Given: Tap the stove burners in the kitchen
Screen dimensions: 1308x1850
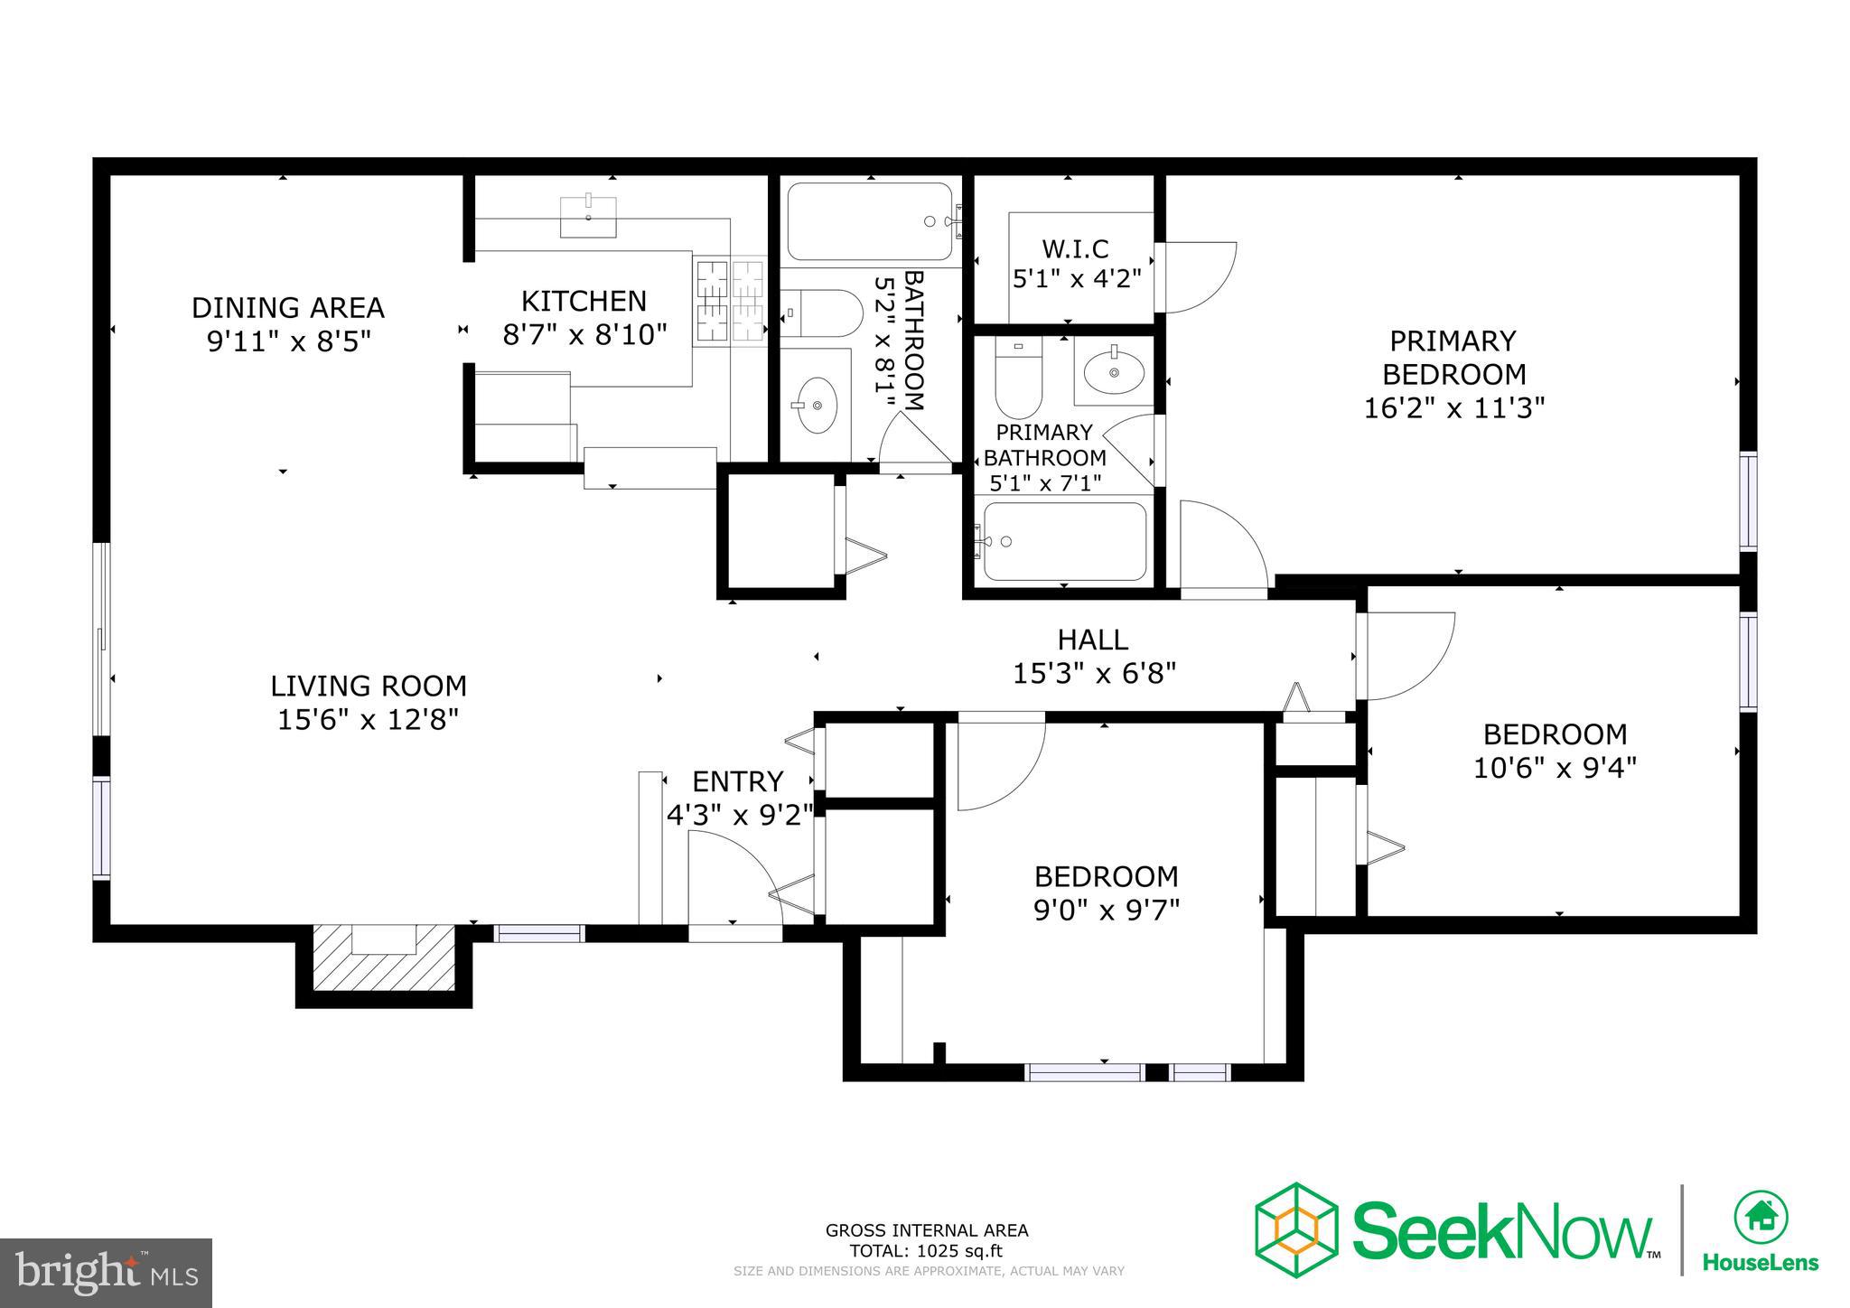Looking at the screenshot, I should [729, 300].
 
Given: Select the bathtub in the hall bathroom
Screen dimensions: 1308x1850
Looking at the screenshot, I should [869, 221].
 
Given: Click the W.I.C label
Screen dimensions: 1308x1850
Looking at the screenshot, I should [1075, 248].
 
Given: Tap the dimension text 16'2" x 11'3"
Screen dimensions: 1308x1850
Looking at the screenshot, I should [1453, 408].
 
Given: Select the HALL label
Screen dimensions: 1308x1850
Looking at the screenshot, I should [1093, 640].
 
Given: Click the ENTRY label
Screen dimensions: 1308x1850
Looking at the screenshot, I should [737, 780].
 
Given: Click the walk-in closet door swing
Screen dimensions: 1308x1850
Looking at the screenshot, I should [1198, 276].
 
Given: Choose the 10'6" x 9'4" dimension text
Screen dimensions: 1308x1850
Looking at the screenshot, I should [1555, 768].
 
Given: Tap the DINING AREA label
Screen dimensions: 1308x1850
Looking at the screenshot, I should [287, 308].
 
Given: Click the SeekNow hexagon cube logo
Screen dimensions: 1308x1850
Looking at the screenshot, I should [1295, 1229].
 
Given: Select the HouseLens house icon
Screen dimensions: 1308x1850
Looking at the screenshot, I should [1760, 1217].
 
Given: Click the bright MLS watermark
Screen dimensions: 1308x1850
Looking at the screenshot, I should [107, 1273].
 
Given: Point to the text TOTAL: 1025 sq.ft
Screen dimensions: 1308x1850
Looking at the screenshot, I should [926, 1251].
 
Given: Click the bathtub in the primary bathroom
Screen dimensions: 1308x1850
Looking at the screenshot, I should [1064, 541].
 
